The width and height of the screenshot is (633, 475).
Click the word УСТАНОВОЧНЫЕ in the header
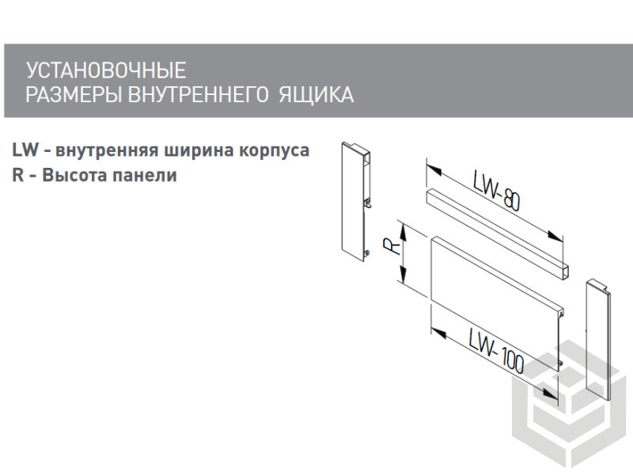(x=106, y=70)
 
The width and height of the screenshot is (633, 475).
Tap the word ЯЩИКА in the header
(x=316, y=95)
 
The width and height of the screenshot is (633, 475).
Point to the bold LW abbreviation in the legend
(x=25, y=150)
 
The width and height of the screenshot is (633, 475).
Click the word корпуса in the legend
(x=274, y=151)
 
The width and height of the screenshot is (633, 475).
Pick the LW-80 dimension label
(x=496, y=192)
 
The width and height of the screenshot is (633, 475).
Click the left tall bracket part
(x=355, y=202)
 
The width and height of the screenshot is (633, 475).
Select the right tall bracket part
(x=598, y=340)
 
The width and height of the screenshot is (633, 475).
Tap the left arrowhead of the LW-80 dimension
(x=434, y=168)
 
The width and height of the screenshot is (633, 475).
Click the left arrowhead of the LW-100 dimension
(x=438, y=333)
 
